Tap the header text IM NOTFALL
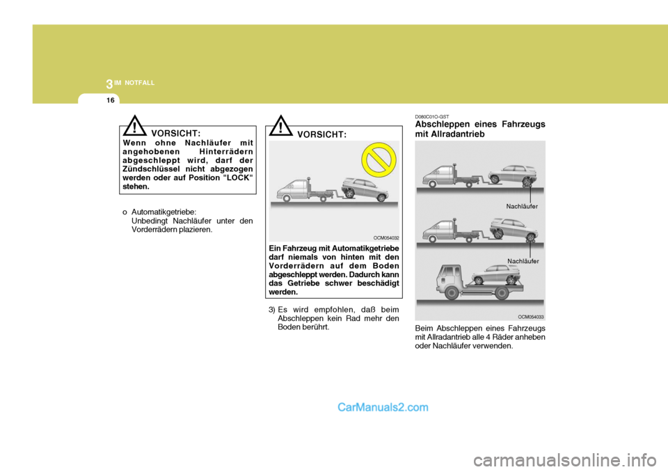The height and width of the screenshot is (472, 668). pyautogui.click(x=135, y=83)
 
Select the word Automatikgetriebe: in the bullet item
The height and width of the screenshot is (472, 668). pyautogui.click(x=164, y=212)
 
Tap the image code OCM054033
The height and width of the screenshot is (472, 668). pyautogui.click(x=532, y=316)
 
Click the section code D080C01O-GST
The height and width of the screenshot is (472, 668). pyautogui.click(x=432, y=116)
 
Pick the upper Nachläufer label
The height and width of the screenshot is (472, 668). pyautogui.click(x=523, y=207)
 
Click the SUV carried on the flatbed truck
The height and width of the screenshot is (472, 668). pyautogui.click(x=497, y=272)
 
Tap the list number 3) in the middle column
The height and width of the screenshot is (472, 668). pyautogui.click(x=272, y=309)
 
